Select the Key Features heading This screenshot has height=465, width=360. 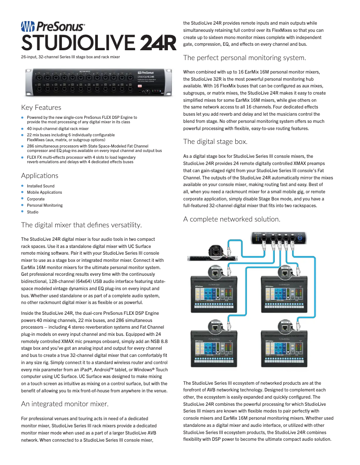[x=41, y=108]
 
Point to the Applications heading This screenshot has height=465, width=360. [x=40, y=175]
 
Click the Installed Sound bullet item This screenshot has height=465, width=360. [x=40, y=186]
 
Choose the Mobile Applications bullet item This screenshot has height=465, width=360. [x=44, y=192]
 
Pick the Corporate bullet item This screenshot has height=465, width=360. [x=36, y=199]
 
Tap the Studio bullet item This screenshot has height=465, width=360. [x=33, y=212]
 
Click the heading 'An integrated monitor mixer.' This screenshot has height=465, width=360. [x=65, y=404]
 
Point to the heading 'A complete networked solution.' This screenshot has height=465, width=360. [x=232, y=219]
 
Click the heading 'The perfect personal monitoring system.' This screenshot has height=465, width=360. [x=245, y=57]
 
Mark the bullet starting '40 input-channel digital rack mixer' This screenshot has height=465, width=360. [x=58, y=128]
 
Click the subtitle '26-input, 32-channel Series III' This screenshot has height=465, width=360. [x=70, y=57]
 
